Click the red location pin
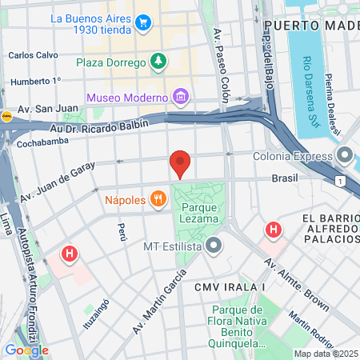click(180, 163)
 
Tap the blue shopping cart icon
click(143, 22)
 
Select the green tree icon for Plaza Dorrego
click(159, 62)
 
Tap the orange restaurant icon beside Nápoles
click(158, 198)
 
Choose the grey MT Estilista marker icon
click(213, 246)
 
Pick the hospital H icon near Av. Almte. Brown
click(274, 230)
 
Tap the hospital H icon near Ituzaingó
click(70, 255)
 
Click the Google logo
click(26, 350)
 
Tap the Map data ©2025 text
click(326, 354)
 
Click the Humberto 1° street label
click(35, 81)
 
